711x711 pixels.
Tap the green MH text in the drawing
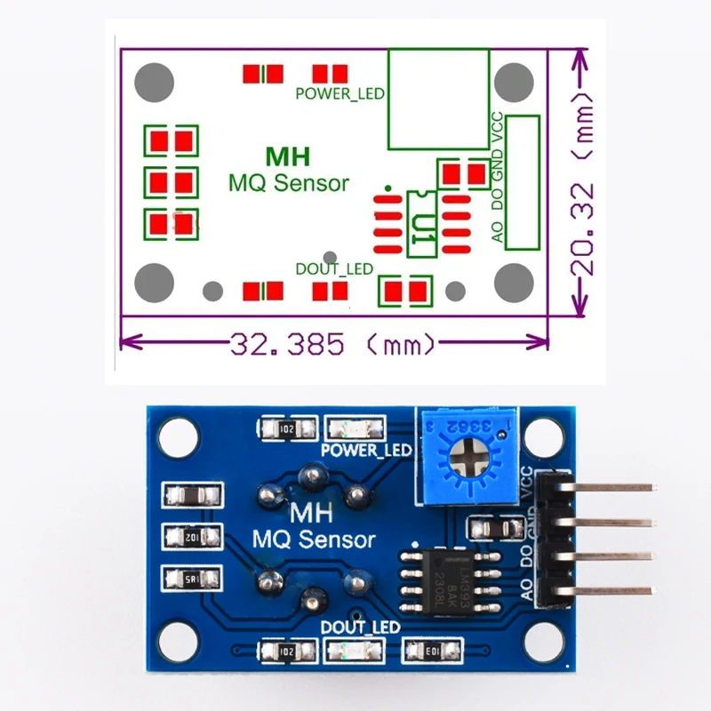(x=288, y=157)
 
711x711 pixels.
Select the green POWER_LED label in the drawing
(x=339, y=93)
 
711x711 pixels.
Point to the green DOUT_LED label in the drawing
(x=333, y=268)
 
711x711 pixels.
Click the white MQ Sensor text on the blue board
(x=314, y=539)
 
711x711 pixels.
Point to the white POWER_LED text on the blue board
(x=366, y=451)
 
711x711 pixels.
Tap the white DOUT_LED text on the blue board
(x=360, y=627)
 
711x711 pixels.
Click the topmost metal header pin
(x=613, y=487)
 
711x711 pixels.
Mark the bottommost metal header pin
(x=613, y=590)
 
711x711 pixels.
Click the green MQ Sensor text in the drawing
(x=289, y=184)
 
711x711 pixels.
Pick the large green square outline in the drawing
(x=437, y=99)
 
